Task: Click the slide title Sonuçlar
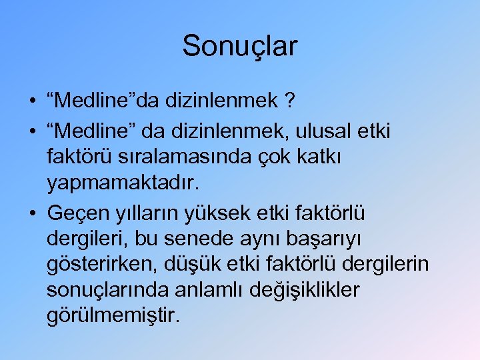(240, 46)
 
